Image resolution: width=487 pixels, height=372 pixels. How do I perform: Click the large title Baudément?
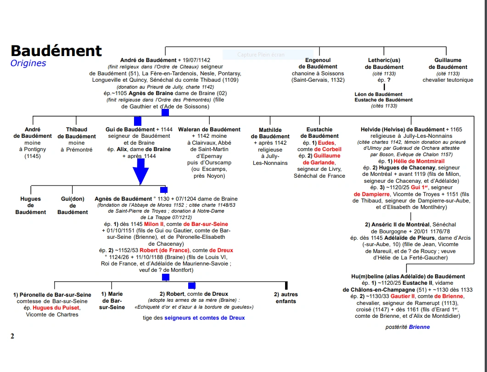[56, 51]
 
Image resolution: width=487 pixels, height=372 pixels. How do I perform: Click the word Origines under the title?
[28, 63]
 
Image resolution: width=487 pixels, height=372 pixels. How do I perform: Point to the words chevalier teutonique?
[448, 80]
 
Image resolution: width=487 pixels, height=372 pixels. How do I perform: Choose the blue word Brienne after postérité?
[419, 327]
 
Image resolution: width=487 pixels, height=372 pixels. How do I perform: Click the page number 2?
[12, 336]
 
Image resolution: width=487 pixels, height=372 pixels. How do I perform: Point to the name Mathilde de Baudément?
[270, 133]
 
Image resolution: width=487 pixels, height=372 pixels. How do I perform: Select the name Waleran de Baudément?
[209, 130]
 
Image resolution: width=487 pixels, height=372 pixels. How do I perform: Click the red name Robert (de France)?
[164, 250]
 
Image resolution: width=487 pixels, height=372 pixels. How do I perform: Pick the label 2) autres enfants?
[286, 298]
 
